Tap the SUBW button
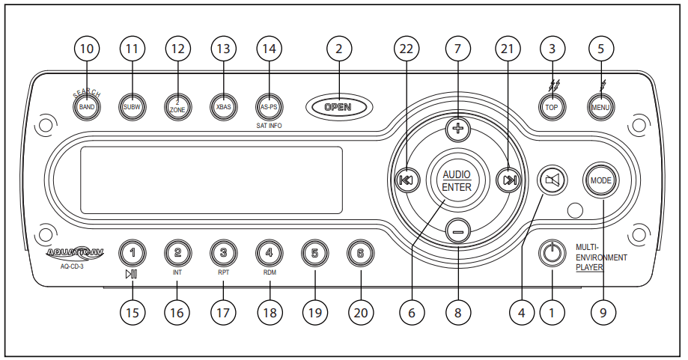(133, 106)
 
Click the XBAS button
(222, 106)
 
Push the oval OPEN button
(338, 107)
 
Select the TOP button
(552, 106)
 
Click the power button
(552, 253)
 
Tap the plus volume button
(458, 129)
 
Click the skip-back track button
(407, 180)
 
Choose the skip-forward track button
(509, 180)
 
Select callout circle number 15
(132, 314)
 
